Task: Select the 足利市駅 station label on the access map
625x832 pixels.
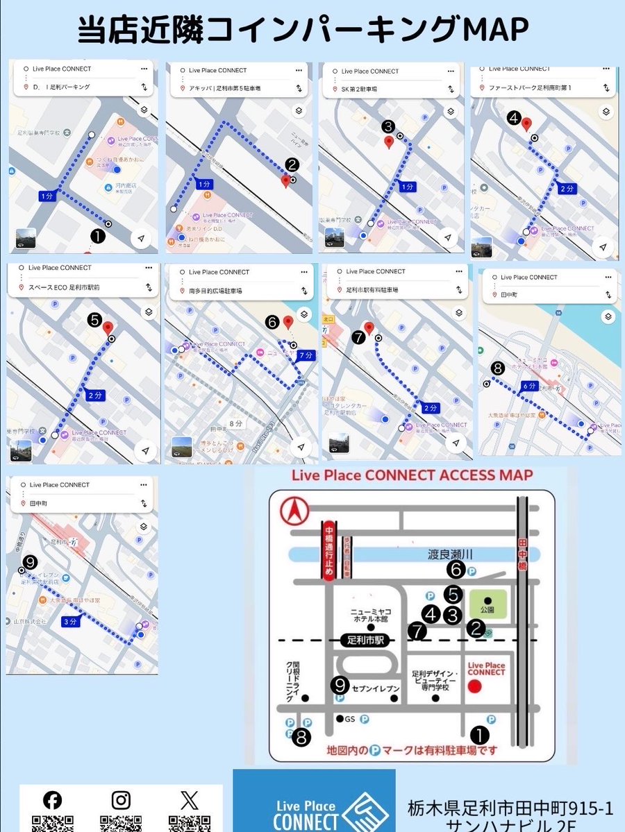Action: coord(367,641)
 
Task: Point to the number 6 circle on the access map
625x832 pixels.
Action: coord(456,570)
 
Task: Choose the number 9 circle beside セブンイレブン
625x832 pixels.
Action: coord(340,685)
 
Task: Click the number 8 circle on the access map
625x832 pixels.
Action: coord(301,738)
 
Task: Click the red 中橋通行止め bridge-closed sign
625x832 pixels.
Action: coord(328,552)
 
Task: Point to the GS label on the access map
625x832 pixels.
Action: coord(349,720)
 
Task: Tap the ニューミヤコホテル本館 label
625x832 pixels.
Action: coord(370,615)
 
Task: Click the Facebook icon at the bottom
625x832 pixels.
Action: coord(52,800)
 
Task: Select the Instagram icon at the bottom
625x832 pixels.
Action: coord(121,800)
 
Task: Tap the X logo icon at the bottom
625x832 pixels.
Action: coord(189,800)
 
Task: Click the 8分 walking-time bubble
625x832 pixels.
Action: coord(236,423)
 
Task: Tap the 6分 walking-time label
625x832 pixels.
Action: coord(529,385)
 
